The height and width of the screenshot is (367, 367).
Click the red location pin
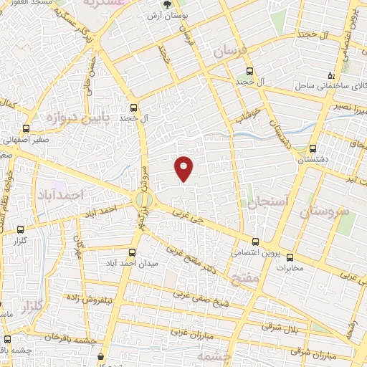pyautogui.click(x=185, y=168)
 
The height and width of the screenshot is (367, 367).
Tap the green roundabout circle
pyautogui.click(x=143, y=198)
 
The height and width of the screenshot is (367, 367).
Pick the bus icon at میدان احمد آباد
pyautogui.click(x=131, y=252)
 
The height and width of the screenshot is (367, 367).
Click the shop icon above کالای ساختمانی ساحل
pyautogui.click(x=330, y=75)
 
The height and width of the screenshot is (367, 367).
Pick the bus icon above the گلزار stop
pyautogui.click(x=19, y=230)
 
